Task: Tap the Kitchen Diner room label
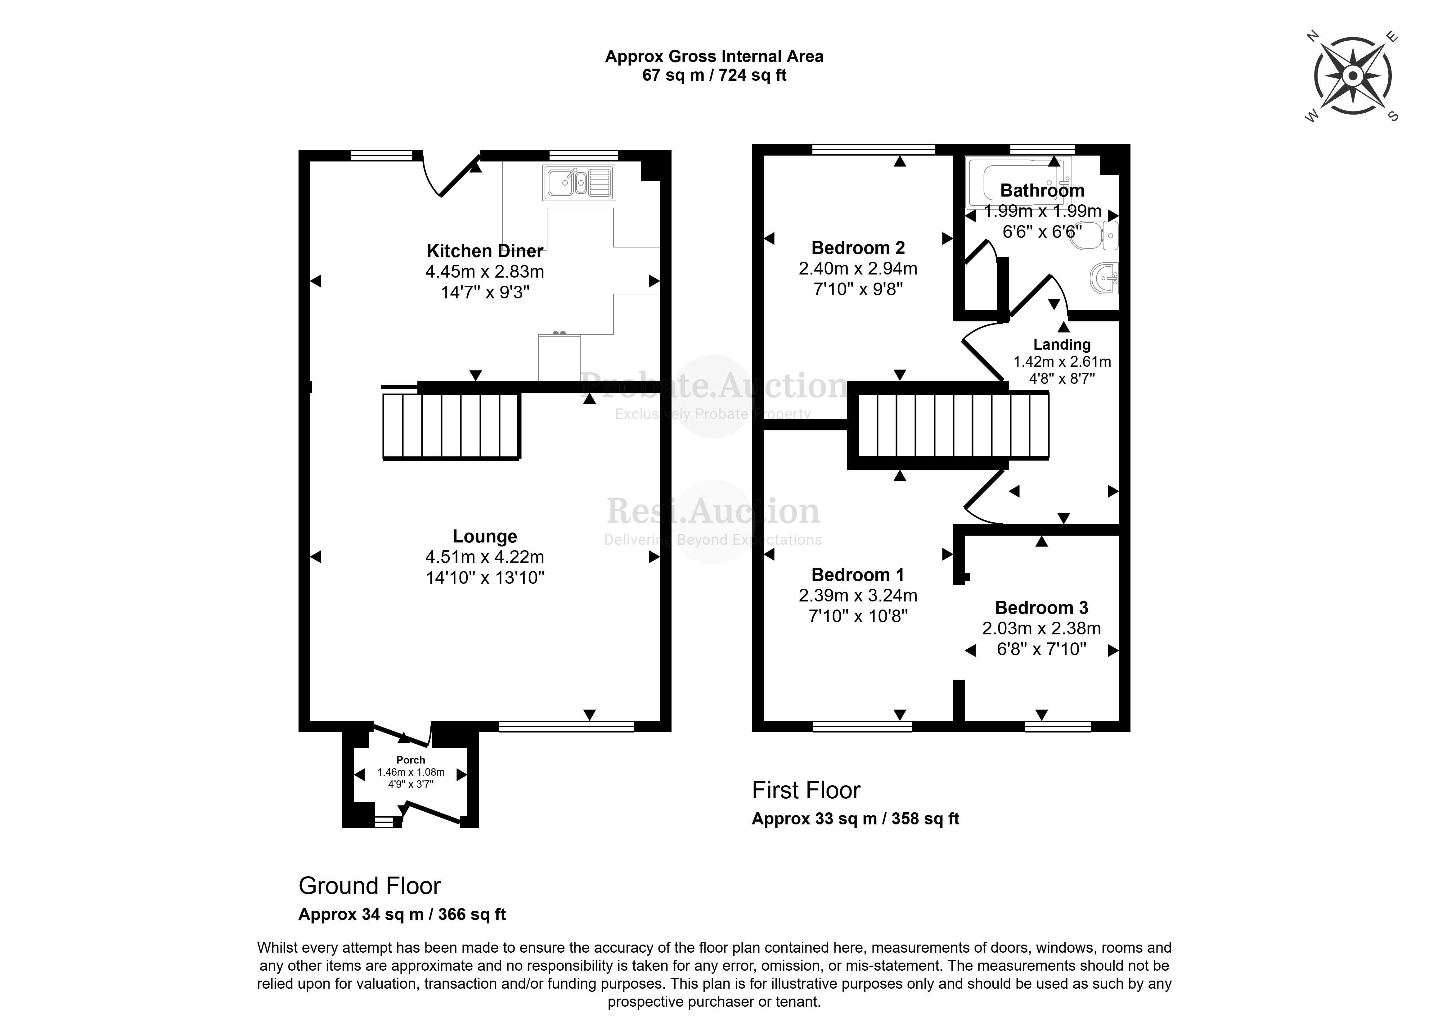484,251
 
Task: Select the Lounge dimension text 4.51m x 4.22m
484,557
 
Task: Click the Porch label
410,760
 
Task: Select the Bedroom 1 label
857,574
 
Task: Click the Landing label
1062,344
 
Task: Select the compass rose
1352,76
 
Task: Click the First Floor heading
806,790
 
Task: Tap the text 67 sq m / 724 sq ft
714,75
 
